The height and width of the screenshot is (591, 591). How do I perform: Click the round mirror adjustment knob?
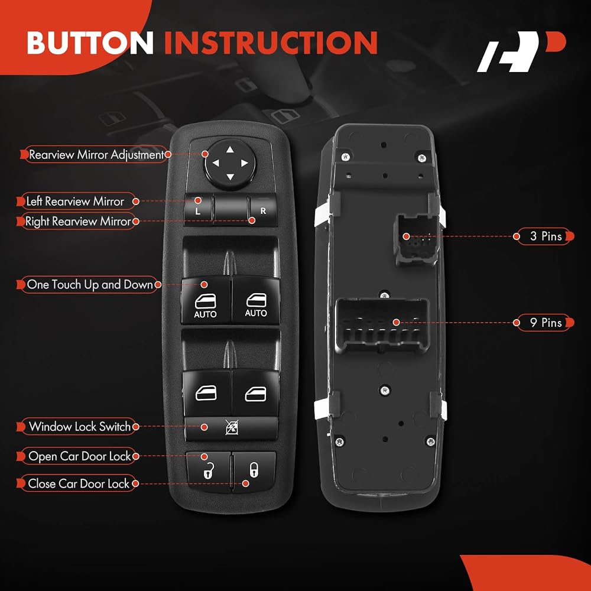pos(229,164)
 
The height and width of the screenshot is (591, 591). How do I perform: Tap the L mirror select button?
pos(198,210)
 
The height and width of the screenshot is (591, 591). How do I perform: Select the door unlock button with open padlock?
pos(208,472)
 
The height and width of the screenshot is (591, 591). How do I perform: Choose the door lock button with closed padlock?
pos(254,471)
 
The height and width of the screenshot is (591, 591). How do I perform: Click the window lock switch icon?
pos(231,428)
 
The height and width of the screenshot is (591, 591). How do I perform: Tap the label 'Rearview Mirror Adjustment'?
pos(96,154)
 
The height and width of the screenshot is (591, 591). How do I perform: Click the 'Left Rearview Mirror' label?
pos(75,202)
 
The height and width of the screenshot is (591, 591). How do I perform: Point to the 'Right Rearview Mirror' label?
pos(77,221)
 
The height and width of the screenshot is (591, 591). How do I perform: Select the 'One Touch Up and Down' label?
pos(90,285)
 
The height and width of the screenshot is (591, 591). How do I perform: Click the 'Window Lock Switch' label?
pos(80,427)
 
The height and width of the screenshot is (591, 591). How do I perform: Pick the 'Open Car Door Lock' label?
pos(80,456)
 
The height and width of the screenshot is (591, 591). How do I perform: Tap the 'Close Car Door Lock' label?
pos(79,483)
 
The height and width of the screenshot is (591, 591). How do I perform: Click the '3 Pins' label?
pos(545,236)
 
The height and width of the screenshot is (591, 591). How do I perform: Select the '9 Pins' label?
pos(545,323)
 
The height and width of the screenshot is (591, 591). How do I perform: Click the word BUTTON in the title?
pos(90,43)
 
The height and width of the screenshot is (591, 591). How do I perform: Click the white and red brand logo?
pos(522,51)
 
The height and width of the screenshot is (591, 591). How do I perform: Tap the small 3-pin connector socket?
pos(416,240)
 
